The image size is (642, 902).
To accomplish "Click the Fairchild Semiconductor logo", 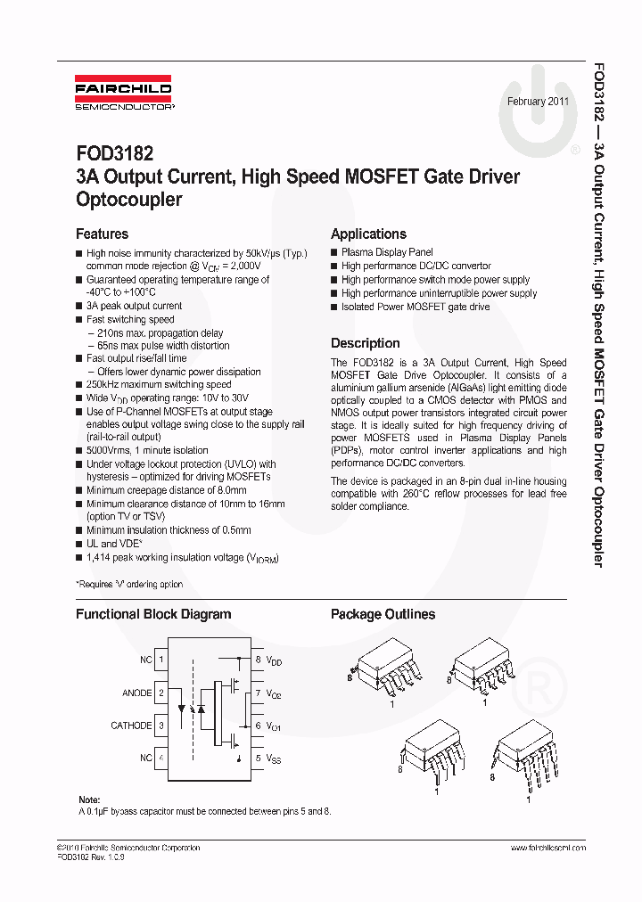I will (123, 96).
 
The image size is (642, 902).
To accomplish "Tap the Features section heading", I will (102, 234).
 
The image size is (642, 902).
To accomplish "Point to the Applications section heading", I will (368, 234).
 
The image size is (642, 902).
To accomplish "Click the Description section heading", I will (365, 343).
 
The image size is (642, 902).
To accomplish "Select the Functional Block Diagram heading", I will (152, 614).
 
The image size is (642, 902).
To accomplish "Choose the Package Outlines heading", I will (383, 614).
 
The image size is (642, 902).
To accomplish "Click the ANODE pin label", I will (136, 693).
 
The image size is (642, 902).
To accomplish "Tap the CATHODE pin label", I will (130, 726).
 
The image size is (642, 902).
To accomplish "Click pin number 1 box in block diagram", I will (161, 660).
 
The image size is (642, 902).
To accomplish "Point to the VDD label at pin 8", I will (274, 661).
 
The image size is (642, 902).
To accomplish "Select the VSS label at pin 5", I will (274, 758).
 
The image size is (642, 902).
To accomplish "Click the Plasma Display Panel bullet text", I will (387, 253).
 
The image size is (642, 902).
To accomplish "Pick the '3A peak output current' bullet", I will (134, 306).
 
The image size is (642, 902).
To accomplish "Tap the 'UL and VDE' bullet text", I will (114, 544).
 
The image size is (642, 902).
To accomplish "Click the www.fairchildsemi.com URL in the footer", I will (547, 848).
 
